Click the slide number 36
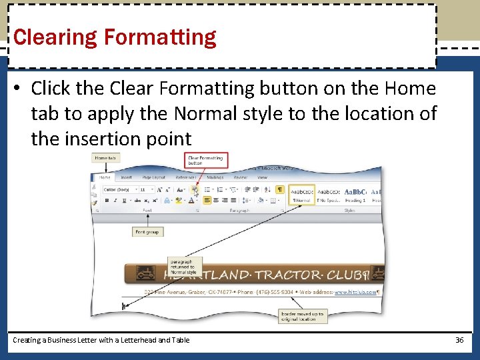tap(459, 340)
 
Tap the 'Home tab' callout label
tap(105, 158)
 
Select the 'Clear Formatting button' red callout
tap(206, 159)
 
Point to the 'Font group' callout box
tap(148, 232)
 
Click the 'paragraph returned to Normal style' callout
tap(183, 267)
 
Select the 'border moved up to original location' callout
tap(302, 316)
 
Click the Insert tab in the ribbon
tap(127, 178)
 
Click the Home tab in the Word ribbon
tap(105, 178)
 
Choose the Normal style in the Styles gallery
tap(301, 194)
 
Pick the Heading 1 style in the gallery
tap(355, 194)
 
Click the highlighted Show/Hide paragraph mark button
tap(280, 189)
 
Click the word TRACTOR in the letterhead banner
tap(288, 275)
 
